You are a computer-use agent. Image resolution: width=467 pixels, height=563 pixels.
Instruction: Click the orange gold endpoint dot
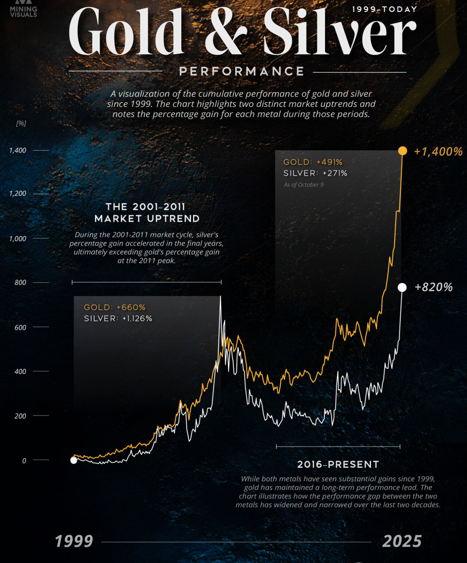click(402, 151)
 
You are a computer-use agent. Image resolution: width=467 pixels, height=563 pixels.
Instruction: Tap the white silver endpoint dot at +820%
click(402, 287)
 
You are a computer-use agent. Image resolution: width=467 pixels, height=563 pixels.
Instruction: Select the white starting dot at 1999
click(73, 460)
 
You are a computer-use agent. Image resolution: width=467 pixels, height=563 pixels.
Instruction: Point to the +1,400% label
click(438, 151)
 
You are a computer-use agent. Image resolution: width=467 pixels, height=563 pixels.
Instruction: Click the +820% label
click(433, 287)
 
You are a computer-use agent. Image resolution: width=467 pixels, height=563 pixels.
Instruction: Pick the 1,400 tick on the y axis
click(18, 150)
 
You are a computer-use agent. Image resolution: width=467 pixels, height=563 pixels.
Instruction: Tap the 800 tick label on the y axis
click(20, 283)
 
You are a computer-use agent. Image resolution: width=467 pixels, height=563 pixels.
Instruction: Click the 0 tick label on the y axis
click(24, 461)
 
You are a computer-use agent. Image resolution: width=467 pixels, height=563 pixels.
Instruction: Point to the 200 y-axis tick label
click(20, 416)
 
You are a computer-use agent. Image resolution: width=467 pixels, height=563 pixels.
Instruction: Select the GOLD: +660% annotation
click(114, 307)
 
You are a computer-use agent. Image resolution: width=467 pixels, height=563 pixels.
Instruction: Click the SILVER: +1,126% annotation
click(118, 318)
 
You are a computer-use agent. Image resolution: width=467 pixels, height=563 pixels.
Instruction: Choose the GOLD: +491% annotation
click(313, 162)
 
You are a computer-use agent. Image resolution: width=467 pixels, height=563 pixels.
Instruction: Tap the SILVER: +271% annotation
click(315, 173)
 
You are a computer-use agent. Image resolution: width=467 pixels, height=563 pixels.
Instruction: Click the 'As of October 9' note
click(303, 185)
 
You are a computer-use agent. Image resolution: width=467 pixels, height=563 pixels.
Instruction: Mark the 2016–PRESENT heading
click(338, 464)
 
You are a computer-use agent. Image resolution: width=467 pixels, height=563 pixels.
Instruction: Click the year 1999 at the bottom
click(74, 541)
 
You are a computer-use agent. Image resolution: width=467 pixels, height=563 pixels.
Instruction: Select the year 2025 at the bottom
click(402, 541)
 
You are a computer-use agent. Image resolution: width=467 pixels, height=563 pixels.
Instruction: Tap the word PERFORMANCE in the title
click(241, 71)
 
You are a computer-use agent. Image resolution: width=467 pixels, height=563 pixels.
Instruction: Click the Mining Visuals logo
click(24, 10)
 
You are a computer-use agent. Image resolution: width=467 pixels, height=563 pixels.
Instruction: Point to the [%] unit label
click(21, 123)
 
